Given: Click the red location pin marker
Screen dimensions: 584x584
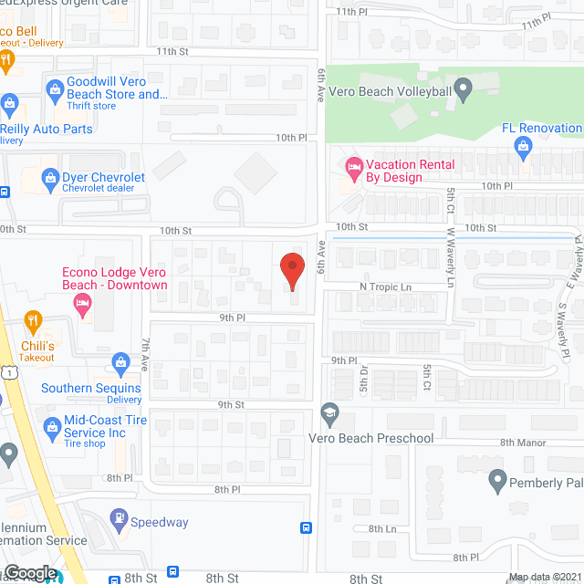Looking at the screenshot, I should [291, 271].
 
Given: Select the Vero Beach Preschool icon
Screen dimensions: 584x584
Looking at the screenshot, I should [328, 416].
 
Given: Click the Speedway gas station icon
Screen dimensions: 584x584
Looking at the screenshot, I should [119, 518].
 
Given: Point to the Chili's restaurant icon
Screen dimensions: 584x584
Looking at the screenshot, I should [34, 320].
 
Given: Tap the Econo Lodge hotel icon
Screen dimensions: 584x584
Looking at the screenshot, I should [83, 305].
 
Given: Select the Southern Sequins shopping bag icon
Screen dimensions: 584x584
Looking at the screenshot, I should [120, 364].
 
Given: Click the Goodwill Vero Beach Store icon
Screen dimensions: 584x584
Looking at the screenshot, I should [53, 89].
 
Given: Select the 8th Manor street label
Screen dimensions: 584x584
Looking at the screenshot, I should [521, 443].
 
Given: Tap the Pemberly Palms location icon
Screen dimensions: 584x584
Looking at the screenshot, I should [497, 479].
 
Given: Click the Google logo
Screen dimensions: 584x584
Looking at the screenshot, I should [30, 572].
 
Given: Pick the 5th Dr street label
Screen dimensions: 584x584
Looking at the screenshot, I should [362, 379].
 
